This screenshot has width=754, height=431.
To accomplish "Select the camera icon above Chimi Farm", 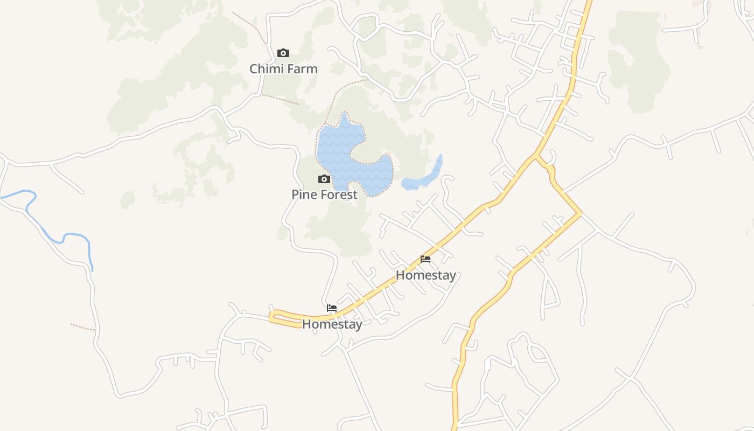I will [283, 53].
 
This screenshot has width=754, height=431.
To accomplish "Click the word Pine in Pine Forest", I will [303, 194].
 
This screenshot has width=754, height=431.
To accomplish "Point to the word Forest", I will [337, 194].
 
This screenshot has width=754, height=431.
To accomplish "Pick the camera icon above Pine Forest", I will [324, 179].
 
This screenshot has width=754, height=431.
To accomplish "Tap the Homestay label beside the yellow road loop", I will [332, 324].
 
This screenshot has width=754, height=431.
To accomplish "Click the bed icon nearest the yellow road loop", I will [332, 308].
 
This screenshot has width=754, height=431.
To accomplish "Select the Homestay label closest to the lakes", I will [425, 275].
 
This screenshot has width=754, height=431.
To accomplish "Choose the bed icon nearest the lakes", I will [425, 259].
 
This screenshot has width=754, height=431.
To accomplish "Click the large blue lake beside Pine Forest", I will [337, 148].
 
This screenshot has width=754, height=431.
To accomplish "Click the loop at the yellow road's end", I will [284, 319].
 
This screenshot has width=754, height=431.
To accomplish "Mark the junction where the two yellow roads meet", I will [536, 155].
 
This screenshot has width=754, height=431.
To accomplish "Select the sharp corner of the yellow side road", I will [581, 214].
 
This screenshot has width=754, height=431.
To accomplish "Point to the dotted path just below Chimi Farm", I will [280, 99].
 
